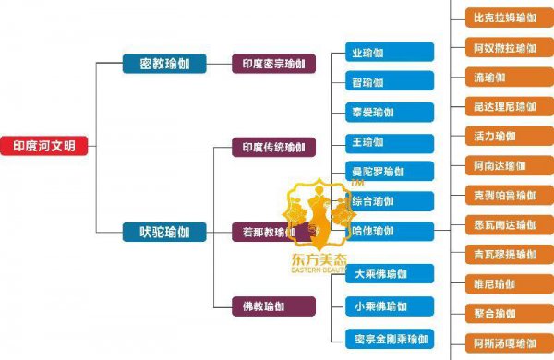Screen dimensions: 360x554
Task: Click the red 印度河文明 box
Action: tap(44, 146)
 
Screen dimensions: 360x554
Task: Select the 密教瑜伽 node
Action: tap(159, 64)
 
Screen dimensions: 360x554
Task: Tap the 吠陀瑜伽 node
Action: tap(159, 232)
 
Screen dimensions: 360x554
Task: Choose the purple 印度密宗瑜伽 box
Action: tap(273, 64)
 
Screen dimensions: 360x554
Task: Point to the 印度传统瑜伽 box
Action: tap(273, 147)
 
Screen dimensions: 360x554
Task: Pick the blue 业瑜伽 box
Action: tap(388, 53)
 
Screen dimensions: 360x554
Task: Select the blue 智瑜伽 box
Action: tap(388, 82)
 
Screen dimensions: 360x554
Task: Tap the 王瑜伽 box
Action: tap(388, 142)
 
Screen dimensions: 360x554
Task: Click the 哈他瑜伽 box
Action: tap(388, 231)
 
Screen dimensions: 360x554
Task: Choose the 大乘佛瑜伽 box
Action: tap(388, 274)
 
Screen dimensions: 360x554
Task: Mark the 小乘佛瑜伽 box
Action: tap(388, 306)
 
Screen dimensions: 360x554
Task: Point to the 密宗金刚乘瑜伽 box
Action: tap(388, 339)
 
